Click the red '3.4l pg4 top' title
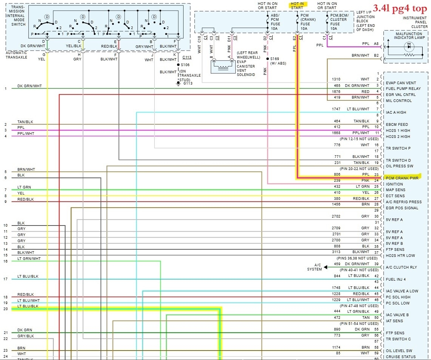(400, 8)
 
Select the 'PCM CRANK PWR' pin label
(402, 178)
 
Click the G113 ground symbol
(179, 83)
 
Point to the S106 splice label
(185, 65)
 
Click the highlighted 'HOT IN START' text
(297, 5)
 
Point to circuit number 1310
(336, 79)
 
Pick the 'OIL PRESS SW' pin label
(400, 166)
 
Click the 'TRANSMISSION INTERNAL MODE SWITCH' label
(18, 16)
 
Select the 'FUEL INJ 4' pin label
(396, 279)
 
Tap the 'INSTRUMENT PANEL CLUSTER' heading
(415, 22)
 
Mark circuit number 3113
(336, 252)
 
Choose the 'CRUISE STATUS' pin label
(401, 357)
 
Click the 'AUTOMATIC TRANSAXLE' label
(17, 55)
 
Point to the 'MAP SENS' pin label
(395, 190)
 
